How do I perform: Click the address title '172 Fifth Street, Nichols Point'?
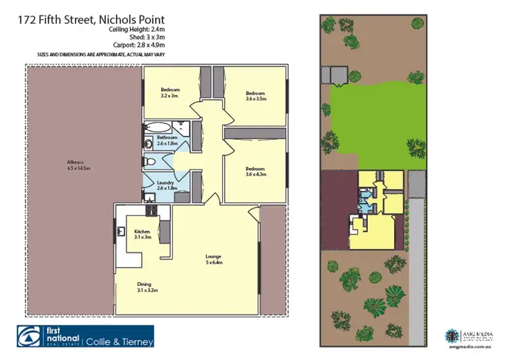coord(91,21)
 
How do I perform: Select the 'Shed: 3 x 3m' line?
coord(145,39)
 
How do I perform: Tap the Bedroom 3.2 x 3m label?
coord(169,93)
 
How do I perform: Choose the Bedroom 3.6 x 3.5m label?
coord(255,95)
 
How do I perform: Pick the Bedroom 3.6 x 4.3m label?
coord(255,171)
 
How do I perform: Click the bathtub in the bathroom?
coord(159,127)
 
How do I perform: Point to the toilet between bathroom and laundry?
coord(150,162)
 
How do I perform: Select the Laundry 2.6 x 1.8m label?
coord(166,184)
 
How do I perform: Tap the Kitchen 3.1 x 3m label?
coord(142,235)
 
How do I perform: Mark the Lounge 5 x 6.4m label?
coord(215,259)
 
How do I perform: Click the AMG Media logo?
coord(468,336)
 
